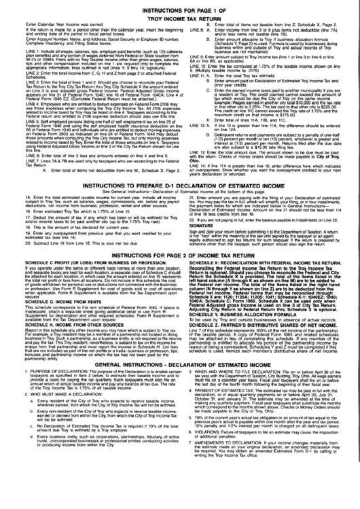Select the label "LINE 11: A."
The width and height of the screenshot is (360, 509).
tap(198, 96)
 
